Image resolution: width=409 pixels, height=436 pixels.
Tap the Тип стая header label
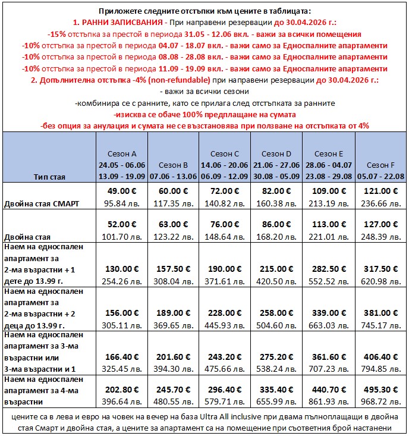(x=50, y=177)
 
